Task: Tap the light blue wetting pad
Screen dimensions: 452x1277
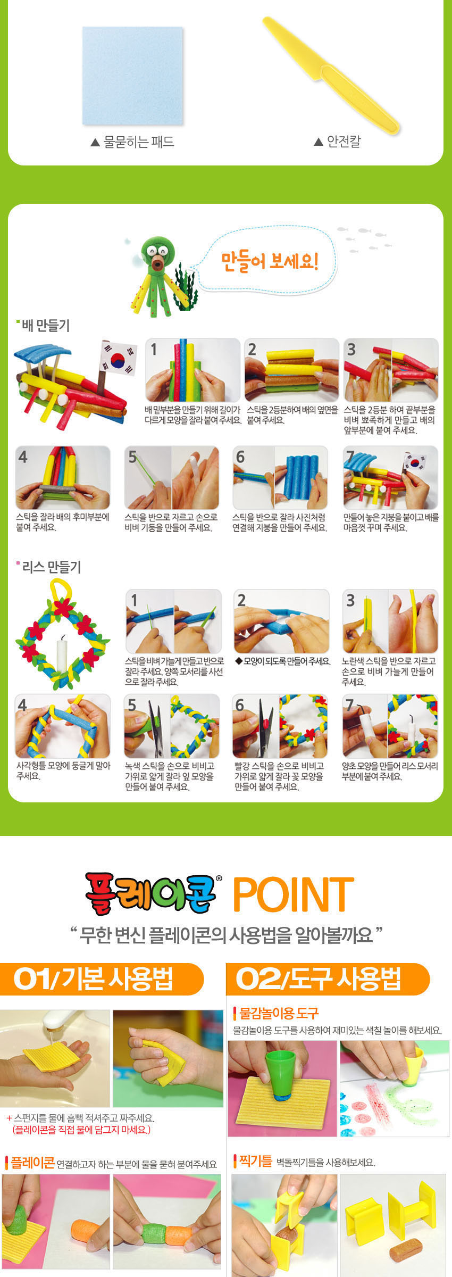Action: pos(132,76)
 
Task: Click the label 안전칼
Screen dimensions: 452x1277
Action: pos(344,141)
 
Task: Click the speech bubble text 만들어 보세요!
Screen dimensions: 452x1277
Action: pos(270,261)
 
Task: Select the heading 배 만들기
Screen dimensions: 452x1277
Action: pos(46,325)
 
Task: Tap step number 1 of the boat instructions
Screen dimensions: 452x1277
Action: pos(154,349)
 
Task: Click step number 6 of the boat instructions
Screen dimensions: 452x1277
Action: pos(240,457)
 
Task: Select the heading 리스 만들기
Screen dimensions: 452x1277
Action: pos(52,567)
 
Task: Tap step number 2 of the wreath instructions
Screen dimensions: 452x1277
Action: pos(241,600)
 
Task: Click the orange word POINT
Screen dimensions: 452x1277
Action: pos(294,895)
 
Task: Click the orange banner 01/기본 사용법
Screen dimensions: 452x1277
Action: pos(101,979)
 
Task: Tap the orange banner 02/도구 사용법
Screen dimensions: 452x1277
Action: pos(328,979)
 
